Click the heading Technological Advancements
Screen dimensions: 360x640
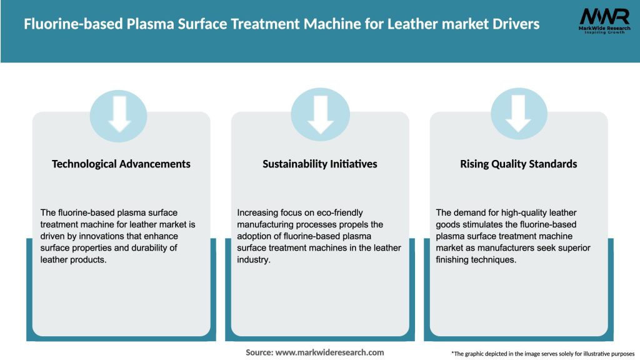pos(121,164)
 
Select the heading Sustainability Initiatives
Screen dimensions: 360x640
pos(320,164)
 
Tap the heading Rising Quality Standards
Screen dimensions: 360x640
pos(518,164)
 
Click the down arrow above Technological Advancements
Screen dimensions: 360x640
pos(119,114)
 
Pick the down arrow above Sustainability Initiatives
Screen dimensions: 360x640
pos(321,114)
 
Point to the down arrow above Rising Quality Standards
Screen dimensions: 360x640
pos(519,114)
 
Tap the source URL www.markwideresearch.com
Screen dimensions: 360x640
pos(329,352)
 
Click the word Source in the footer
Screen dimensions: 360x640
pos(259,352)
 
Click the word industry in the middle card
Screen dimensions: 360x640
pos(252,260)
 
